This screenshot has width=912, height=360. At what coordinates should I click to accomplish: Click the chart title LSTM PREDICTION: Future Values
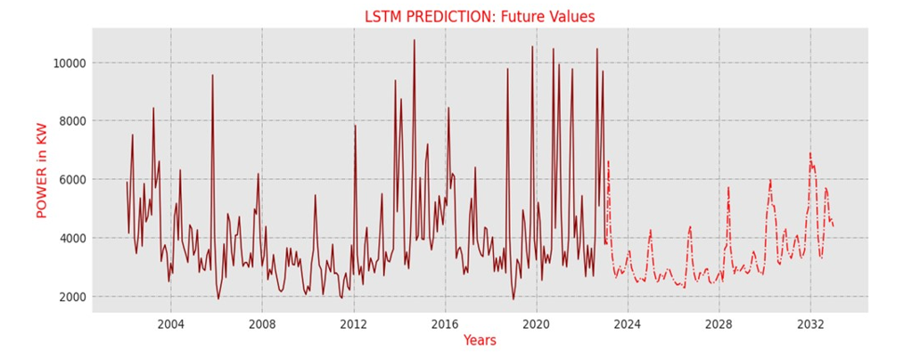[480, 16]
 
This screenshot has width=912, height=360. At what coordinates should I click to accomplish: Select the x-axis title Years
[480, 340]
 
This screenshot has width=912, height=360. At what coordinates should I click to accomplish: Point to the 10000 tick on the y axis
[66, 63]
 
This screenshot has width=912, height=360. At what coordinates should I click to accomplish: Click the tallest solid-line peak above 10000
[414, 40]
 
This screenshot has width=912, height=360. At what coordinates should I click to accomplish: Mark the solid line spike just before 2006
[212, 76]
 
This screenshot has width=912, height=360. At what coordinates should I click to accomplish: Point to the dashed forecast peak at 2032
[810, 153]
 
